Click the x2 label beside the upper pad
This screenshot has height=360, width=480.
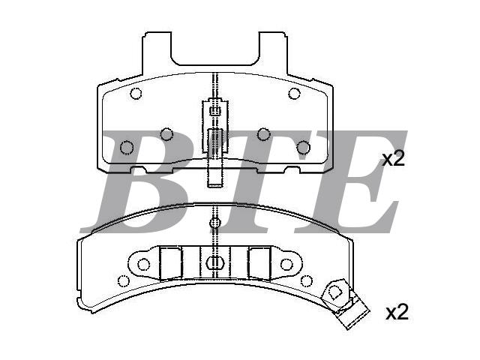(x=394, y=159)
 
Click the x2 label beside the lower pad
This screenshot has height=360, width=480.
(x=397, y=312)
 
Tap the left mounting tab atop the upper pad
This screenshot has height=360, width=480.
(x=157, y=52)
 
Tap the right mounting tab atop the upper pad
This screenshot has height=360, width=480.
(x=273, y=52)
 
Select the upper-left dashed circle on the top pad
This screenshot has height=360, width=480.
(x=136, y=93)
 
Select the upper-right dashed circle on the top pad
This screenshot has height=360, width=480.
(x=294, y=93)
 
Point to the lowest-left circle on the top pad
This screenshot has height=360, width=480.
(x=127, y=148)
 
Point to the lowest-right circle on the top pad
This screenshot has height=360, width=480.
(x=303, y=148)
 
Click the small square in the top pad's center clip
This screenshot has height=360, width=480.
(x=215, y=110)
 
